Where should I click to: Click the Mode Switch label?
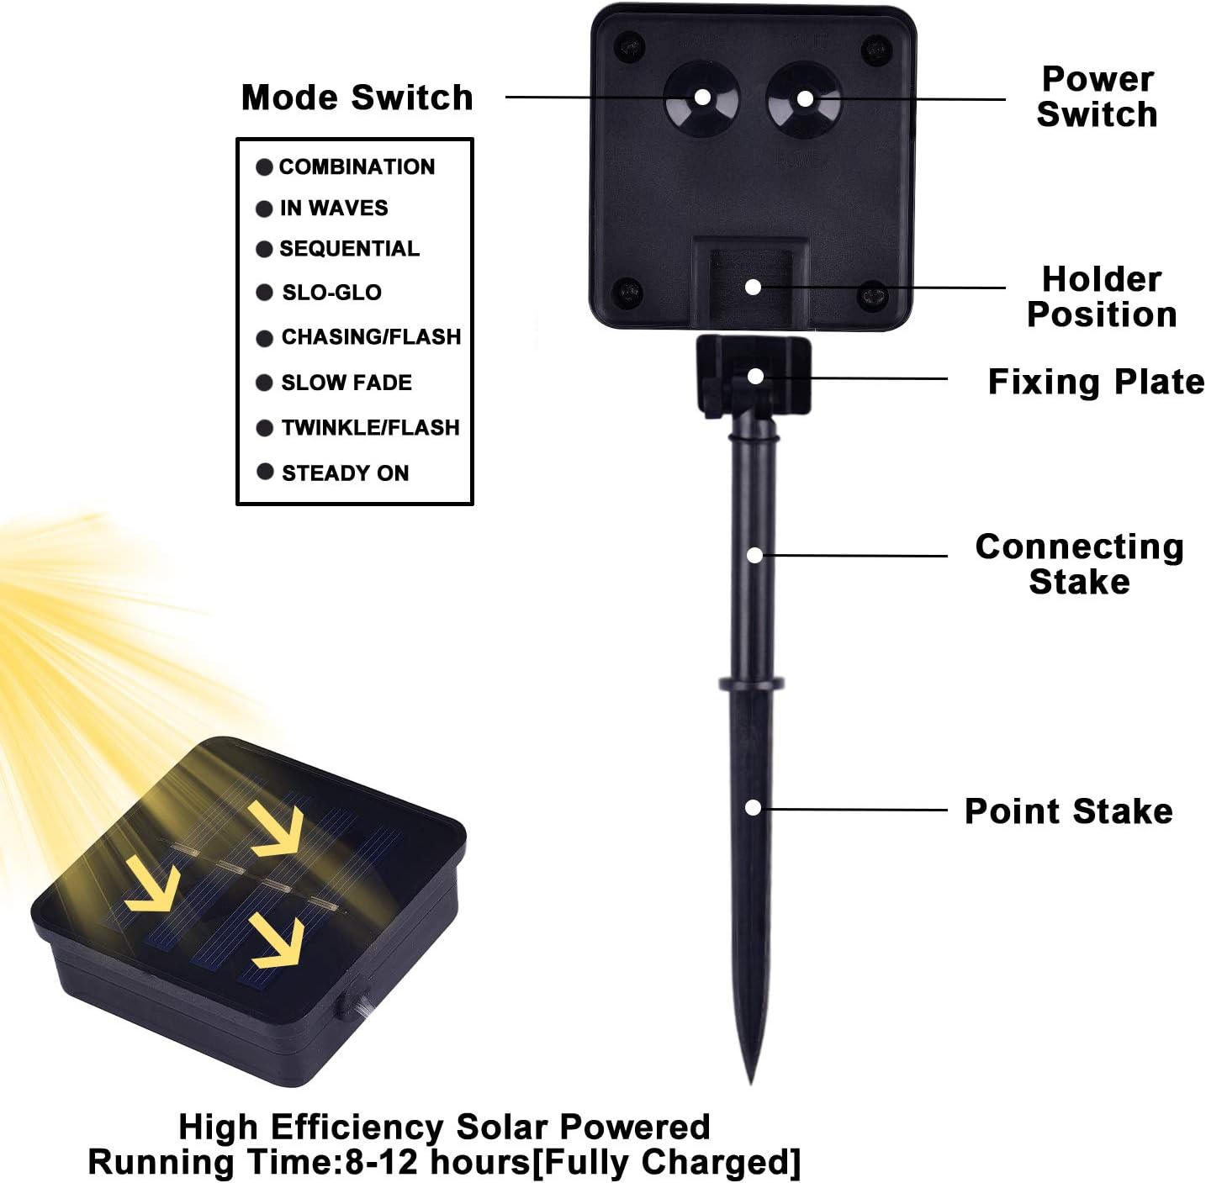[357, 98]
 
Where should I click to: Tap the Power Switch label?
[1097, 97]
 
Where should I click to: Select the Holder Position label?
[1101, 297]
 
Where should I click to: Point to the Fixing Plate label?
[1095, 382]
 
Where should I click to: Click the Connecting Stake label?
[1079, 564]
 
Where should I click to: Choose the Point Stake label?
[1068, 811]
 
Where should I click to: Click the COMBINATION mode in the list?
[357, 166]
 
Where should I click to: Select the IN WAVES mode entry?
[334, 208]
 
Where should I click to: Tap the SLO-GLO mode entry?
[331, 293]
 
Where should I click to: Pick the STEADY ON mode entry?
[345, 473]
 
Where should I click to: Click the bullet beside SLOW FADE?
[264, 383]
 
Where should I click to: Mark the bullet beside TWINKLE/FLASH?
[264, 428]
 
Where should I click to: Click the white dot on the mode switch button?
[701, 98]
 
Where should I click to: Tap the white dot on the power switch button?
[805, 99]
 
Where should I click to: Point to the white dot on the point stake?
[754, 808]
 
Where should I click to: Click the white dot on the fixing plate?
[755, 376]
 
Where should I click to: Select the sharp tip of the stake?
[751, 1079]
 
